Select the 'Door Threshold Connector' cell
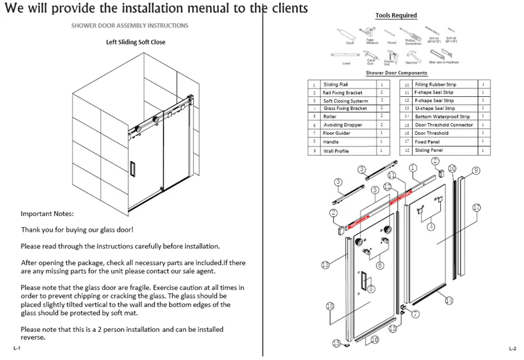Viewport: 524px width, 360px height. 443,125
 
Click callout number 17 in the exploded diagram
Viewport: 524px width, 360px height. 477,207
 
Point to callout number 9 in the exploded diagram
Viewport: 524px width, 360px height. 476,170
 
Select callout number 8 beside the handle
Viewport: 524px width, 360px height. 371,289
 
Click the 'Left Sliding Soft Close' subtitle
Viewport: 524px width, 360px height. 136,43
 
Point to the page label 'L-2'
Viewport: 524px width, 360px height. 512,347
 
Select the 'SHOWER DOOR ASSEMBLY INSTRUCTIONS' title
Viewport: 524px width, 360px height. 130,26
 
